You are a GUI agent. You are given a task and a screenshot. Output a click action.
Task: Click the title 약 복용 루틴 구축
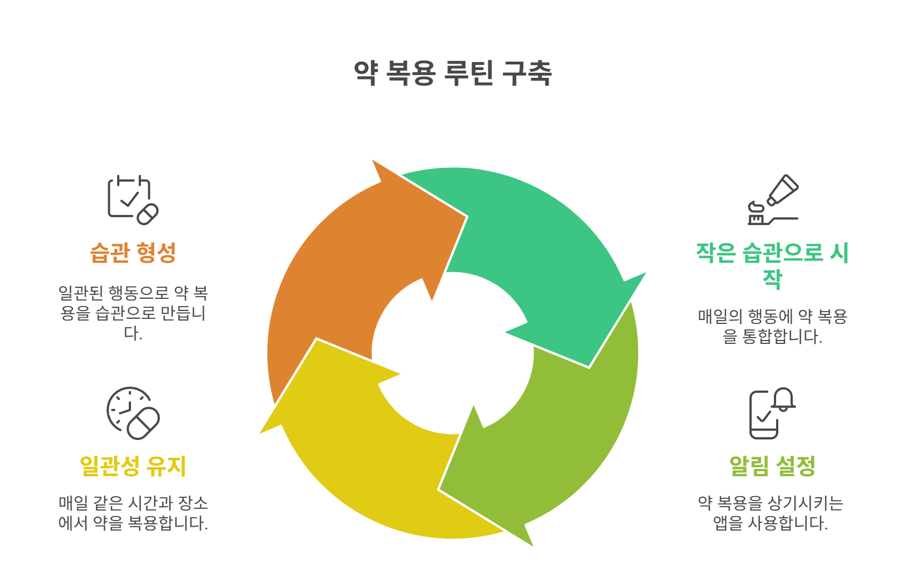click(452, 73)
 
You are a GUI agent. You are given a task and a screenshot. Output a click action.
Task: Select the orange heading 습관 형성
click(133, 253)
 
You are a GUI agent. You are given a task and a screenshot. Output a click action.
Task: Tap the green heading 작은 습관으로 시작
click(772, 264)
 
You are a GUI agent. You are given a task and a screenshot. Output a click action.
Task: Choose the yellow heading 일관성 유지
click(133, 466)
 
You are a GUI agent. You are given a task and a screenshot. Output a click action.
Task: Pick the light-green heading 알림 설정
click(772, 466)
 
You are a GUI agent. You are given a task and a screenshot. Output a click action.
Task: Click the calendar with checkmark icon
click(132, 199)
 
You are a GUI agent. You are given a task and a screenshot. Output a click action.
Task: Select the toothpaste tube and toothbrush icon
click(772, 199)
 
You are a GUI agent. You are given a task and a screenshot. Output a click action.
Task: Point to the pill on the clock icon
click(143, 423)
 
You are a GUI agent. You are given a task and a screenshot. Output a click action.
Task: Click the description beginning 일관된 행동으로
click(133, 312)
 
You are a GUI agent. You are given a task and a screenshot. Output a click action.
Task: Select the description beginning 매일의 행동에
click(772, 326)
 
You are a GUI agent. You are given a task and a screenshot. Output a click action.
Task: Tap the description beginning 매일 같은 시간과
click(133, 513)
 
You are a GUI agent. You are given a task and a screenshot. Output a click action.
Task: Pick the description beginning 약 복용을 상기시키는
click(771, 513)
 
